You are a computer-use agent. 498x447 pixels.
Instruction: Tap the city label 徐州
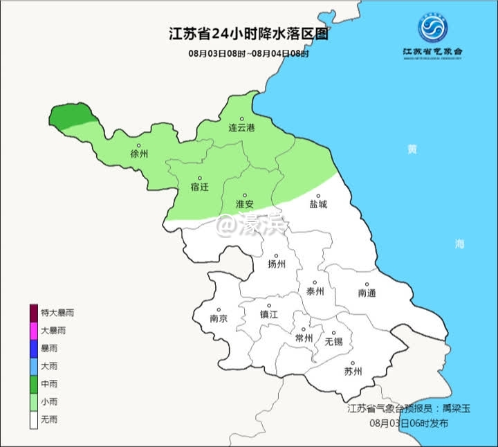tap(139, 154)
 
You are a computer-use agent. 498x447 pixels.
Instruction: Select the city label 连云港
tap(241, 129)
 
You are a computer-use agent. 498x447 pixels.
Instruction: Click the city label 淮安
tap(244, 204)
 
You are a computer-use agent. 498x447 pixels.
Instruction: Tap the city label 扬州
tap(277, 264)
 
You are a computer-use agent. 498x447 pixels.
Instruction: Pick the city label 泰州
tap(315, 291)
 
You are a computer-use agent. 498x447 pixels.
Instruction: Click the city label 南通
tap(367, 293)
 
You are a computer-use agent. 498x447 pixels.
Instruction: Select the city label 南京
tap(219, 319)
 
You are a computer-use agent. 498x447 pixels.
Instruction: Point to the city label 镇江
tap(268, 314)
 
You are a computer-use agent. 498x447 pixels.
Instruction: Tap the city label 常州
tap(304, 338)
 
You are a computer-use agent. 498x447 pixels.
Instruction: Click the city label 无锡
tap(333, 341)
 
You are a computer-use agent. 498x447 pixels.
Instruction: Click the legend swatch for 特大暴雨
tap(33, 313)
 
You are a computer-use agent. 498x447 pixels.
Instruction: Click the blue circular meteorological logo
tap(432, 27)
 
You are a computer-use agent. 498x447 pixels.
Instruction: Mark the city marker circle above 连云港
tap(242, 119)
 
